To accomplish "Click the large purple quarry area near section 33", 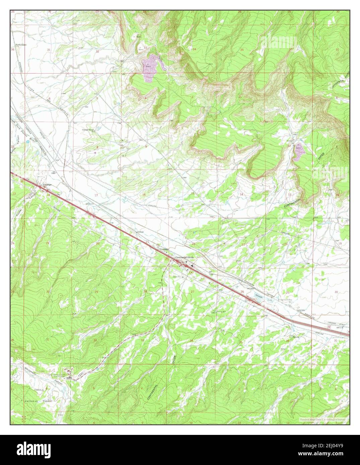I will coord(148,69).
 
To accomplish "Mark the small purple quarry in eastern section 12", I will coord(299,152).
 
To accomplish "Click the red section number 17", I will coord(96,195).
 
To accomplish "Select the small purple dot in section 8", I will coord(95,153).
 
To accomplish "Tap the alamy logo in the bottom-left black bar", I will coord(29,450).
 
